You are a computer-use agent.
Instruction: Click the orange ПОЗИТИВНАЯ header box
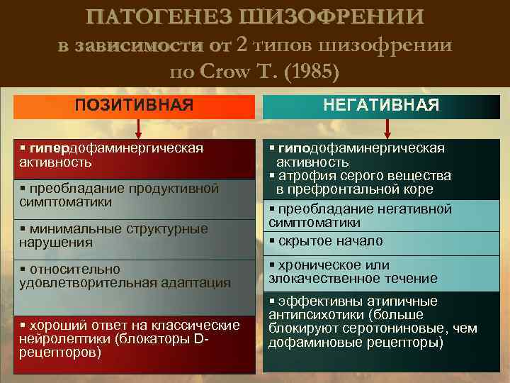[x=135, y=105]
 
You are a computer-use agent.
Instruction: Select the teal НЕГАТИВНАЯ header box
[x=382, y=105]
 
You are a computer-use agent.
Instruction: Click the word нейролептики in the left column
[x=57, y=338]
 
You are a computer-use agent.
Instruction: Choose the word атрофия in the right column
[x=305, y=176]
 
